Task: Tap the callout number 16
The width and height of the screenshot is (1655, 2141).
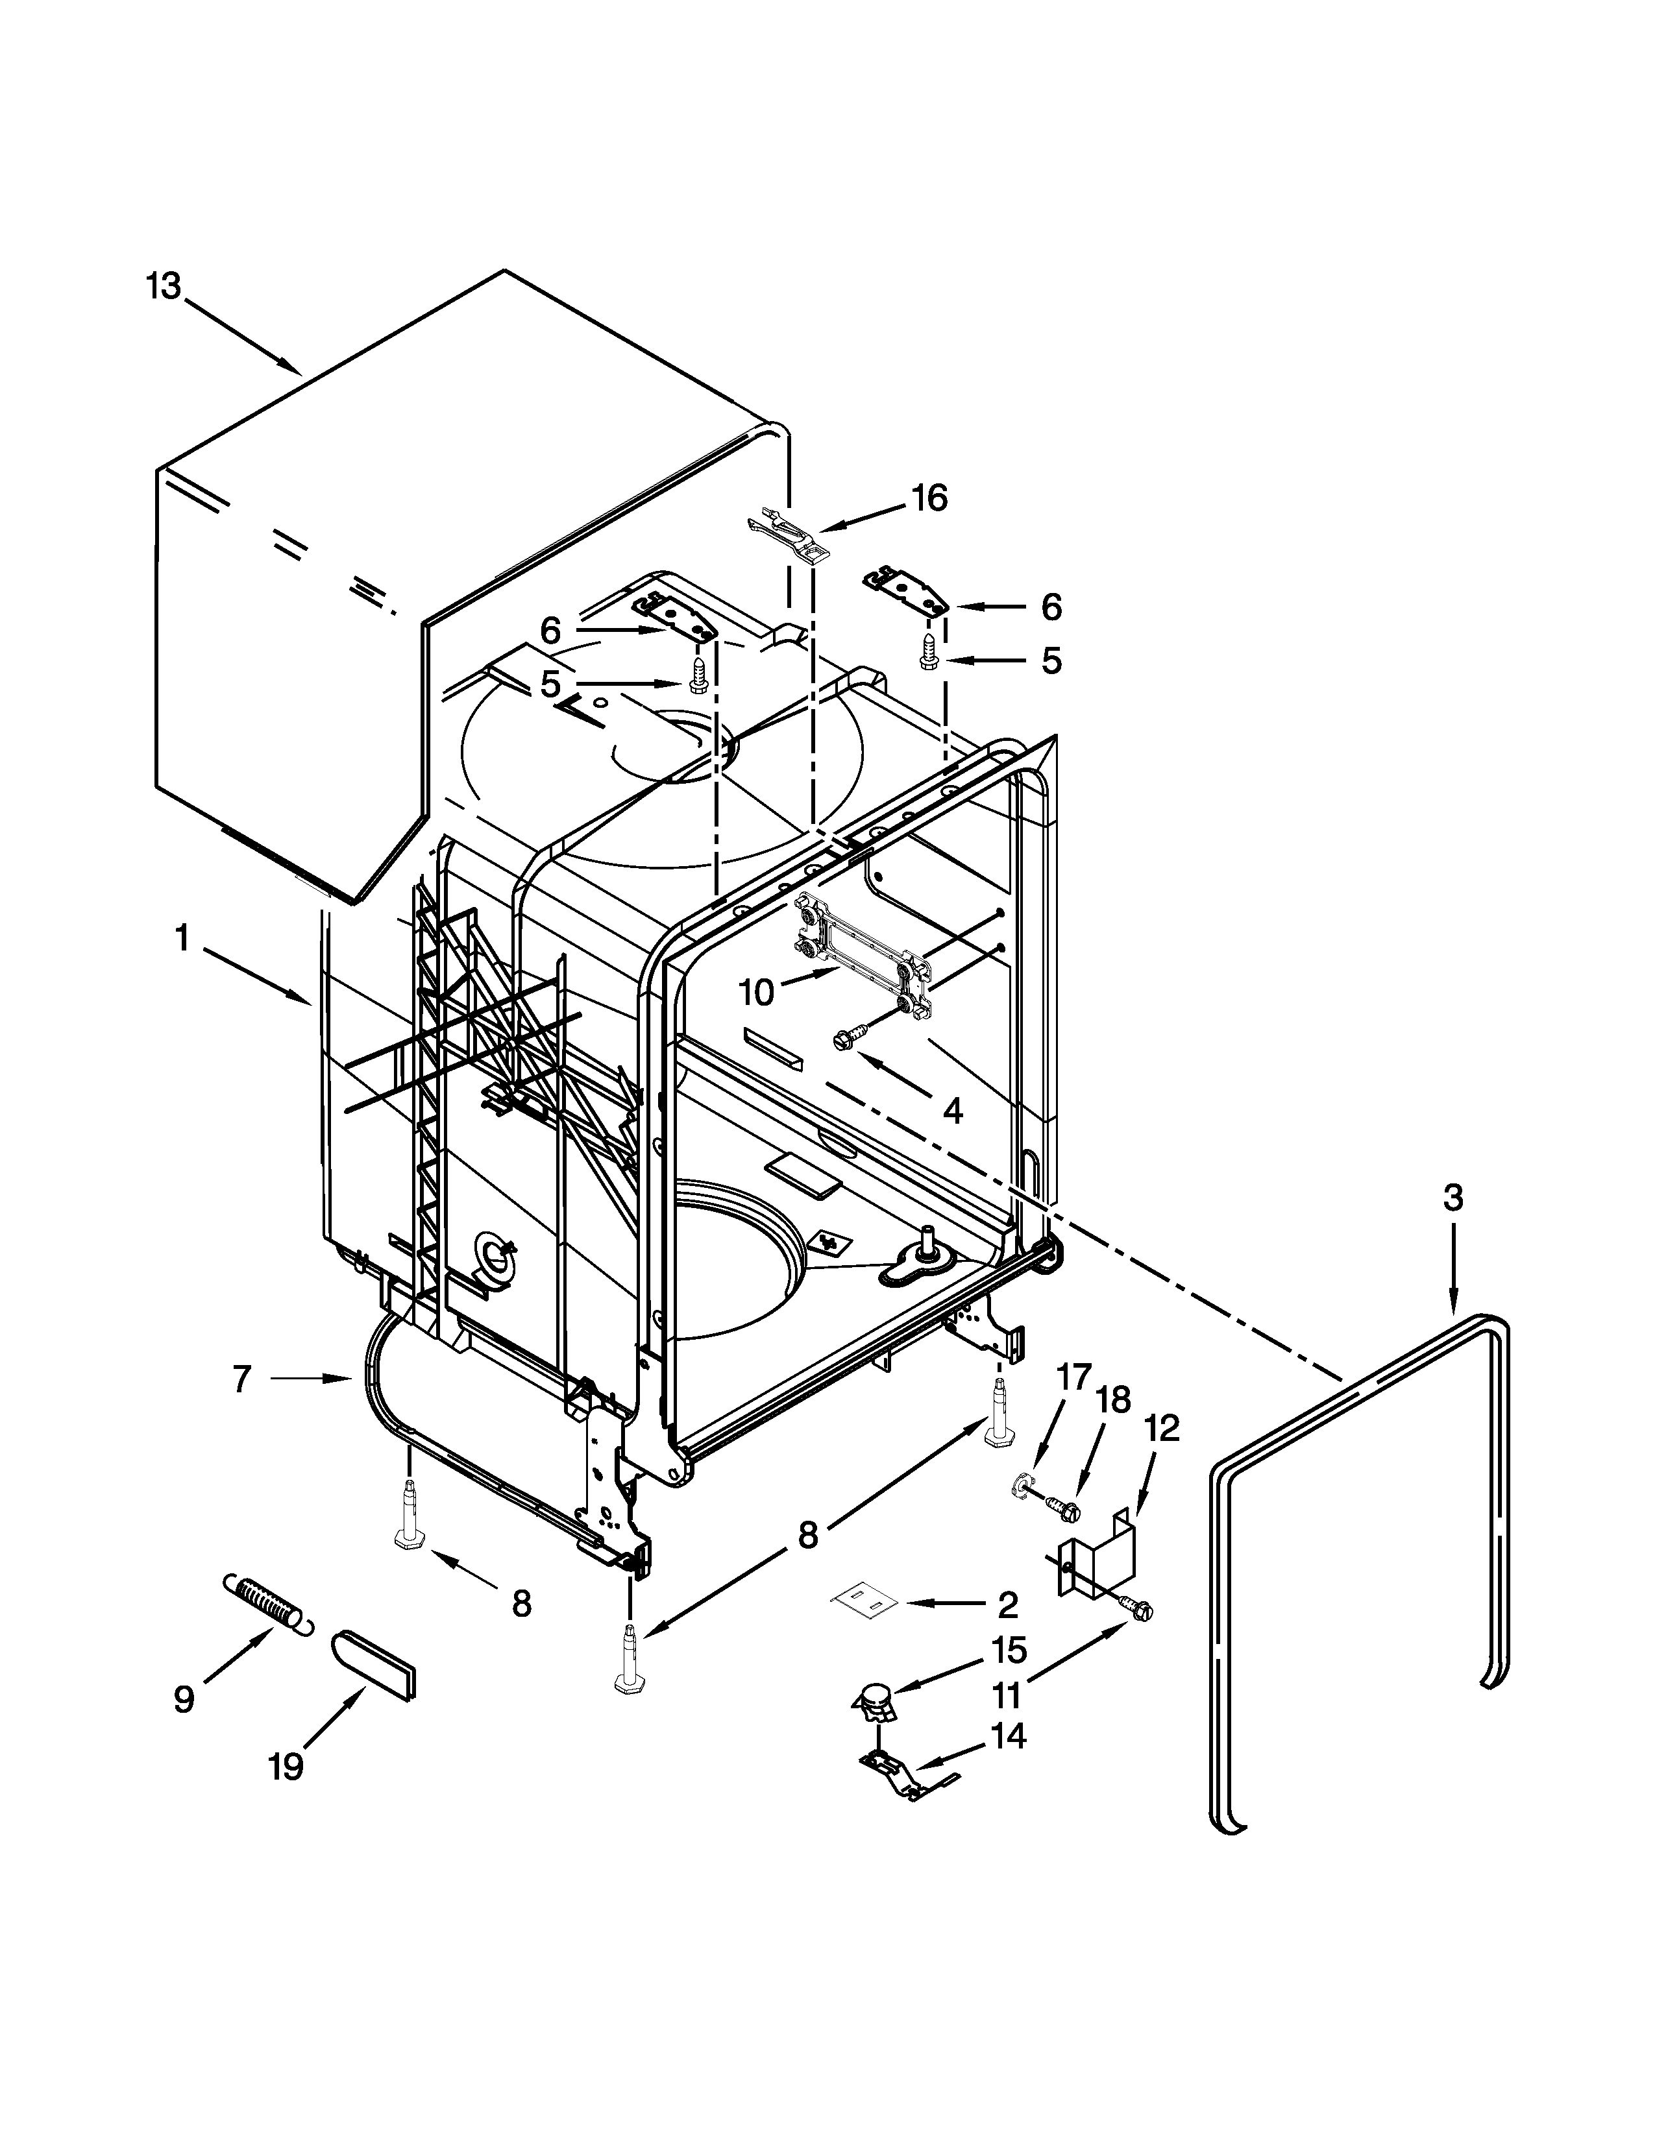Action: [x=929, y=499]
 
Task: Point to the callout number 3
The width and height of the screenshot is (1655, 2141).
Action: [x=1453, y=1197]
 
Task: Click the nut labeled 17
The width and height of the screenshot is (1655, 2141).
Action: [x=1022, y=1491]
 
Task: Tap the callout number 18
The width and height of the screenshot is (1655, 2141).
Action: [x=1113, y=1400]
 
